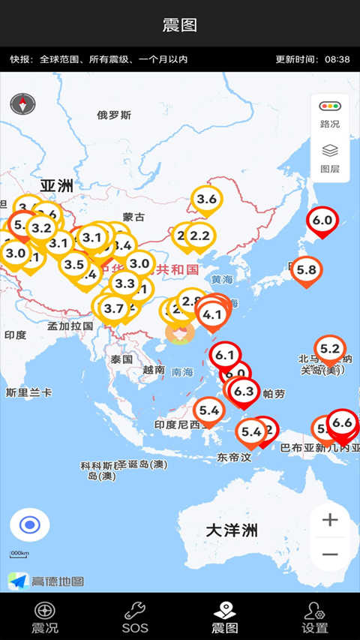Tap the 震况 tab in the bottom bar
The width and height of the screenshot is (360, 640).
pyautogui.click(x=45, y=617)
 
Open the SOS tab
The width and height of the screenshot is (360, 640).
pyautogui.click(x=135, y=617)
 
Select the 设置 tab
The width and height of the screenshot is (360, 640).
pyautogui.click(x=315, y=617)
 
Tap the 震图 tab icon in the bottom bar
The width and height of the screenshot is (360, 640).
pyautogui.click(x=225, y=610)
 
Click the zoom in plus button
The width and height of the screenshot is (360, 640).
pyautogui.click(x=330, y=519)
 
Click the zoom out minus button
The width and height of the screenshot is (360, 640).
pyautogui.click(x=330, y=555)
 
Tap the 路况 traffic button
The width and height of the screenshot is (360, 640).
pyautogui.click(x=330, y=114)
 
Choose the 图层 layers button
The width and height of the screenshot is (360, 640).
pyautogui.click(x=330, y=158)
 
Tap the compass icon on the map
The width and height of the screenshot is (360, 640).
pyautogui.click(x=23, y=104)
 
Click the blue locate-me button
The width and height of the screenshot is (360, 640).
pyautogui.click(x=30, y=524)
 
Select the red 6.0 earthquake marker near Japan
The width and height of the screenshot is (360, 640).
pyautogui.click(x=322, y=221)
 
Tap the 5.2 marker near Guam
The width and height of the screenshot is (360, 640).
pyautogui.click(x=330, y=348)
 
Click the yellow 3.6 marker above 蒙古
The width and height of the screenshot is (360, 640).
pyautogui.click(x=206, y=199)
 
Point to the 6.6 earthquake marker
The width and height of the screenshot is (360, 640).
pyautogui.click(x=342, y=422)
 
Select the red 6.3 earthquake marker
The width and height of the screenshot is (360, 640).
pyautogui.click(x=244, y=391)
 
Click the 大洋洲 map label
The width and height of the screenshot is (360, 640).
pyautogui.click(x=232, y=530)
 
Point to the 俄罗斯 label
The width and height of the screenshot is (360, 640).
pyautogui.click(x=114, y=115)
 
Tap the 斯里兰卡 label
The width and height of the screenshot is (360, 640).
pyautogui.click(x=28, y=392)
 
